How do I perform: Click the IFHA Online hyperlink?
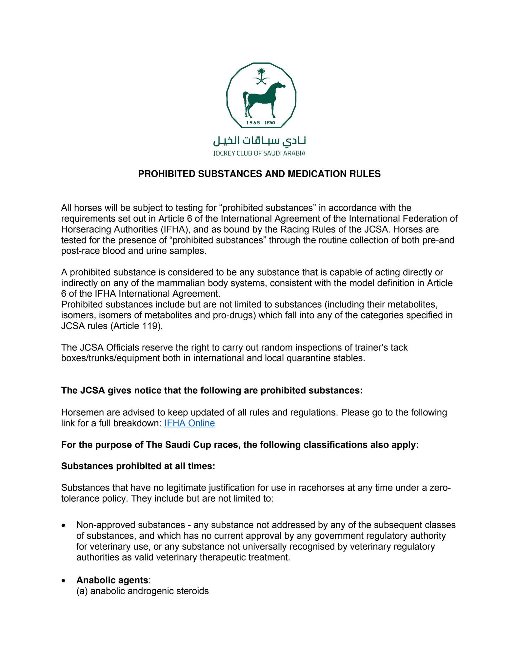190,423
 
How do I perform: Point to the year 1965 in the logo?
253,123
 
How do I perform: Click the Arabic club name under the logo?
259,141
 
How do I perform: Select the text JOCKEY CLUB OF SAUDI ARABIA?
259,153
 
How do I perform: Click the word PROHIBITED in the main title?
167,174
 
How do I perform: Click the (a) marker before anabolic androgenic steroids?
82,591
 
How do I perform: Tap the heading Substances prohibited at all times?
138,466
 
